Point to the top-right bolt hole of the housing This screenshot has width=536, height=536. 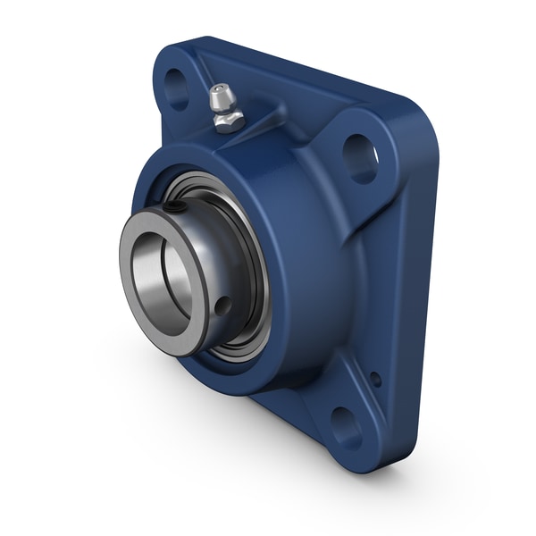(359, 158)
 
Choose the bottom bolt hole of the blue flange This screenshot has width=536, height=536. (345, 426)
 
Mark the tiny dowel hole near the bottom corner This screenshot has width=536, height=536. (375, 379)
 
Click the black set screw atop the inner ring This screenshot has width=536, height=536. (179, 208)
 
